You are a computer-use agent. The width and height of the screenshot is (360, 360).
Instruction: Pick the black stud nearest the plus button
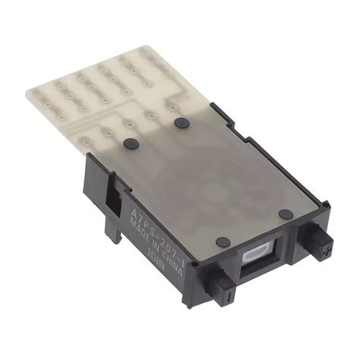pos(285,214)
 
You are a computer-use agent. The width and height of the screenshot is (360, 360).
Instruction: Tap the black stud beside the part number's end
pos(222,242)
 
